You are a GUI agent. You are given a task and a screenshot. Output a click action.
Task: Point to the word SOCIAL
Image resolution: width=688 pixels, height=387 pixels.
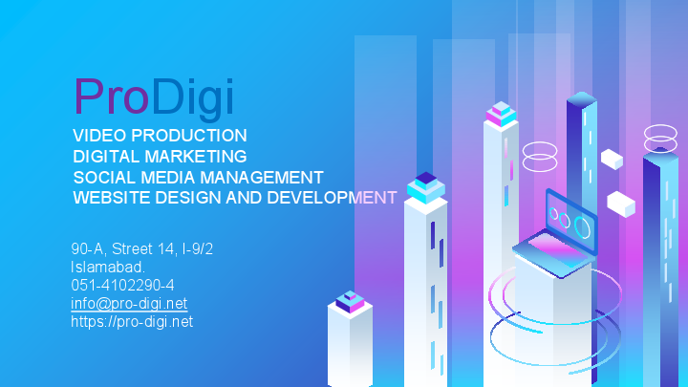105,177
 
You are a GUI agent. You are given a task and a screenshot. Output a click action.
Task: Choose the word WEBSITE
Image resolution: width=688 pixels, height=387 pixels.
111,198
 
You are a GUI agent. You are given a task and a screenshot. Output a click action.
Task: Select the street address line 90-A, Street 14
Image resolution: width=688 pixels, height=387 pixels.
141,249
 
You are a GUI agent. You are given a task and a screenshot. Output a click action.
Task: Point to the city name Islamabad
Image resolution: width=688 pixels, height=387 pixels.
108,267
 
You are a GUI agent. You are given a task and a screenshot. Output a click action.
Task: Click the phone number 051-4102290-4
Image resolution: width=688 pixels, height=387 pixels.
122,285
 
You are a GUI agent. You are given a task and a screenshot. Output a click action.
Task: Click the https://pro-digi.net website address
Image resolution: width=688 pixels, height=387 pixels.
132,321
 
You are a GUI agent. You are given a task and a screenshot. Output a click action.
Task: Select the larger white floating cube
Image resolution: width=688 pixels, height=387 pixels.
621,203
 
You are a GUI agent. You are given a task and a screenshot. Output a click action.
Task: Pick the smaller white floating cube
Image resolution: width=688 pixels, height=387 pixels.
612,159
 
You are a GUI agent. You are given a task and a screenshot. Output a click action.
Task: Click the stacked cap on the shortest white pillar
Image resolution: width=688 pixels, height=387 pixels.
350,302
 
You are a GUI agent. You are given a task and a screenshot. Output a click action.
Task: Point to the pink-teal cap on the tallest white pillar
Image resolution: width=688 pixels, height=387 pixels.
501,115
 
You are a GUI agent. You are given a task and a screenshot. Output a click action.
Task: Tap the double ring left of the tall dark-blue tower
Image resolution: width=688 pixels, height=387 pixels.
540,156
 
